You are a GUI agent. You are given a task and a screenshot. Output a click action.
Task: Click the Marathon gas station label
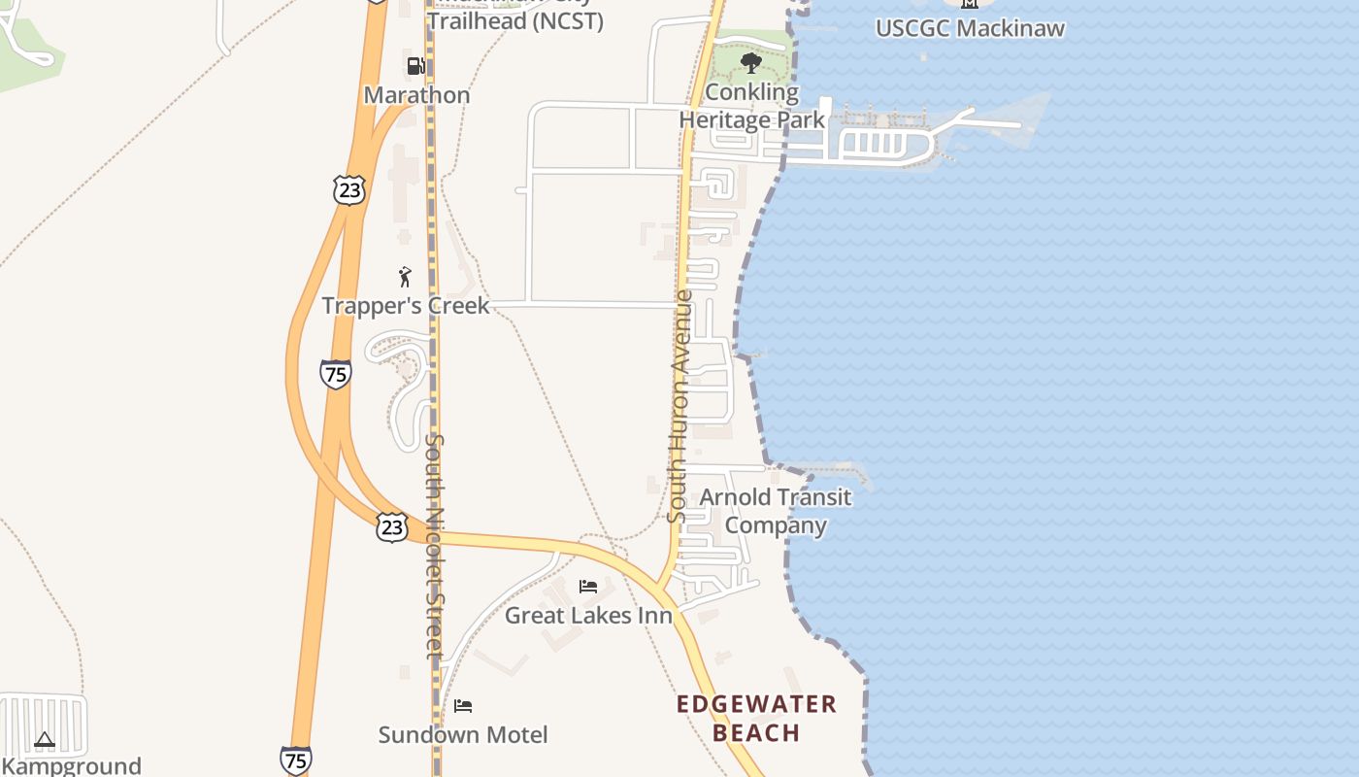pos(416,95)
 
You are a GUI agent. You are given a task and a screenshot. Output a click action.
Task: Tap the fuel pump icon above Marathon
pos(415,66)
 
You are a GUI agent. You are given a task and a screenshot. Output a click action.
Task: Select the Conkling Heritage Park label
pos(752,106)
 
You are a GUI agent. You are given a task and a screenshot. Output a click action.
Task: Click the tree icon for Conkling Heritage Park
pos(750,64)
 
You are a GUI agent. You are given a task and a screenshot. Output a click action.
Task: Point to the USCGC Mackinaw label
pos(970,28)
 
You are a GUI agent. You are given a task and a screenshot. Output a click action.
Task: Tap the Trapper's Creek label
pos(406,306)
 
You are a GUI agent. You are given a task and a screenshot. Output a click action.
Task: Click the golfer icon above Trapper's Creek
pos(405,277)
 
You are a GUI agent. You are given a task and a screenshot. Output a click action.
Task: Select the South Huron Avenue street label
pos(680,406)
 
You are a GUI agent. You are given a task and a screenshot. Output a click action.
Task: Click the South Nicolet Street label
pos(435,546)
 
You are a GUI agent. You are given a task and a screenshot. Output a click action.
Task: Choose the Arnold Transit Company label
pos(776,511)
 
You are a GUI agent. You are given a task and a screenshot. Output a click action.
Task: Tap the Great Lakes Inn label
pos(588,616)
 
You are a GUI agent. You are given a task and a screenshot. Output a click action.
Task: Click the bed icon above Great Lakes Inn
pos(588,587)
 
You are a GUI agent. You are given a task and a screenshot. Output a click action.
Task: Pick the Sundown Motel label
pos(463,734)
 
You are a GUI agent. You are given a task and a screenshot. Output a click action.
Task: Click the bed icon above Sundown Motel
pos(463,705)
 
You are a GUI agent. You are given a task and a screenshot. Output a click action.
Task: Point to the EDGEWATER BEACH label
pos(756,718)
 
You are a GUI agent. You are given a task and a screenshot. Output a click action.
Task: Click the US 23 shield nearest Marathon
pos(348,189)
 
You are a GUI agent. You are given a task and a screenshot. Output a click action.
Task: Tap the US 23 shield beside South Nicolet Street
pos(391,527)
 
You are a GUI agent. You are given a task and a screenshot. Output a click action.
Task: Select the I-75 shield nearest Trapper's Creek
pos(335,374)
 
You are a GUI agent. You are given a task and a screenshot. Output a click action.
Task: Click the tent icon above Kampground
pos(45,741)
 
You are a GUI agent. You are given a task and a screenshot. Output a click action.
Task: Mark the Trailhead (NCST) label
pos(514,20)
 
